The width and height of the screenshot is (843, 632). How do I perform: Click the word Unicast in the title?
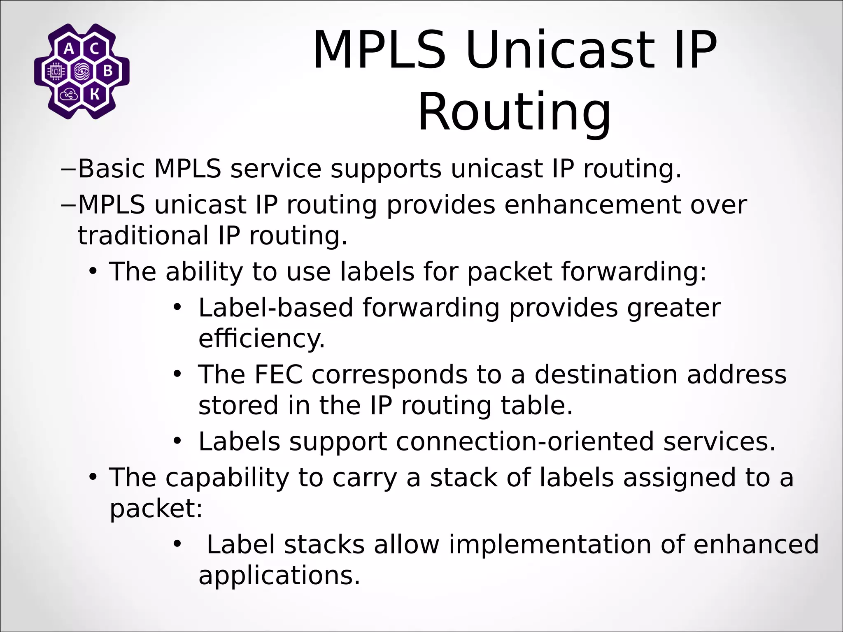[x=560, y=51]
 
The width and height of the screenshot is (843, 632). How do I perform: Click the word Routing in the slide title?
[x=514, y=112]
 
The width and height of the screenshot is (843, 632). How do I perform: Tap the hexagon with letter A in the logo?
[x=69, y=49]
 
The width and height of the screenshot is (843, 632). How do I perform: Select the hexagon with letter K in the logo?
[x=94, y=95]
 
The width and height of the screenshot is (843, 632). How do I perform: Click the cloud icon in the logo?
[x=69, y=95]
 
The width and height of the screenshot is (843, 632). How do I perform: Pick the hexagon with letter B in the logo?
[x=107, y=72]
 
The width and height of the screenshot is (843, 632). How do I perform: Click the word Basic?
[x=111, y=169]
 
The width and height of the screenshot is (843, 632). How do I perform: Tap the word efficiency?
[x=261, y=339]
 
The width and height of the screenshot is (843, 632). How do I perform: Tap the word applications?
[x=279, y=575]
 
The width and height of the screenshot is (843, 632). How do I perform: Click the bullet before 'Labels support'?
[x=177, y=441]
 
